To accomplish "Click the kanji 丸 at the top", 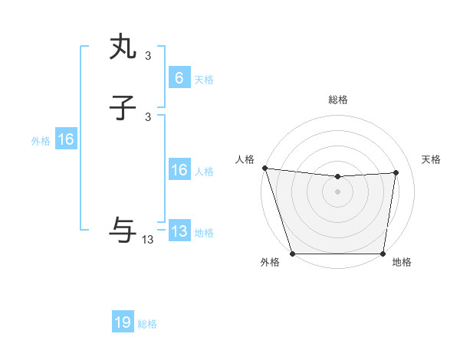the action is (x=123, y=47).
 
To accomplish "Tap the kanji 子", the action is (x=123, y=110).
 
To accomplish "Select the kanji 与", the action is (x=123, y=228).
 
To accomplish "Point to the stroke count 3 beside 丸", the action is (x=148, y=55).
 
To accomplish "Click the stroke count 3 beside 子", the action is (x=148, y=117).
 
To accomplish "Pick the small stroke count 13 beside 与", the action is (x=148, y=240).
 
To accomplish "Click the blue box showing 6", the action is (x=179, y=78).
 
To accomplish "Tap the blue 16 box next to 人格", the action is (x=179, y=170).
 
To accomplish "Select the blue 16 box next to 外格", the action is (x=66, y=139).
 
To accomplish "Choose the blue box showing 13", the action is (x=179, y=231).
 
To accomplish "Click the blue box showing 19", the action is (x=123, y=322).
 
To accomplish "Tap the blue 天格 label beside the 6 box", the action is (x=204, y=80).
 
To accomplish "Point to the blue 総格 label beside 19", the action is (x=147, y=324).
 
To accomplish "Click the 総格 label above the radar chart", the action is (x=337, y=100).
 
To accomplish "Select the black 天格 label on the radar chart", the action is (x=431, y=159).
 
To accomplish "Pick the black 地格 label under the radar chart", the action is (x=402, y=263).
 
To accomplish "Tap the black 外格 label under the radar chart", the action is (x=270, y=263).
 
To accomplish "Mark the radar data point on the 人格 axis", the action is (x=264, y=168).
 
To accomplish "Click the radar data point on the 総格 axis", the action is (x=337, y=177).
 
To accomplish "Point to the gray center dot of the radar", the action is (x=337, y=191).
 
